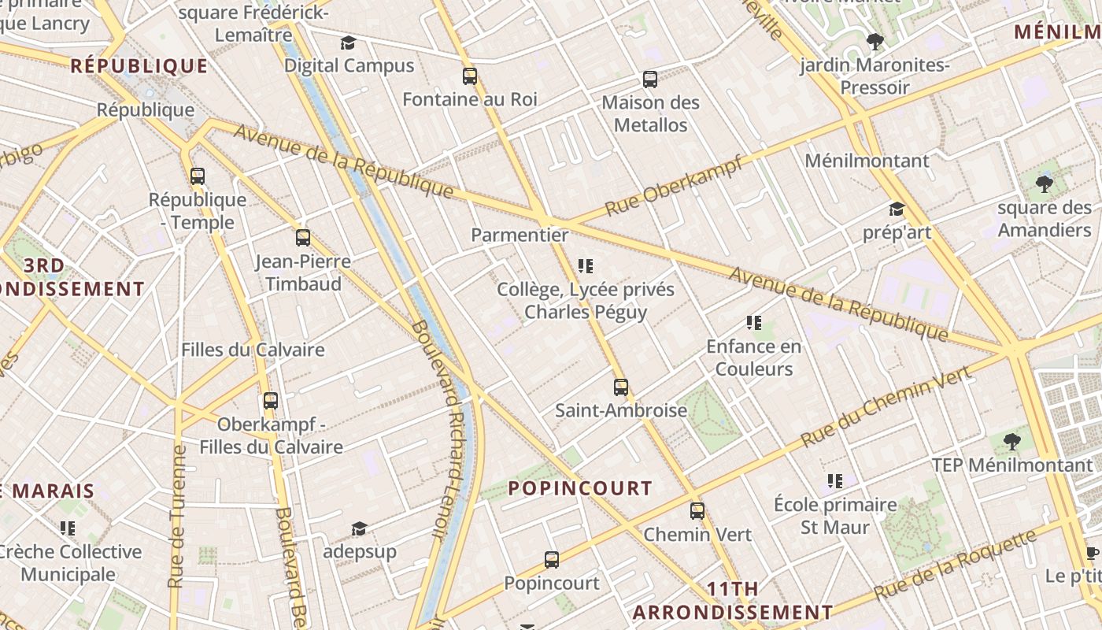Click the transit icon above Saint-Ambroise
(x=621, y=387)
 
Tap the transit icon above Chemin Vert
(x=697, y=510)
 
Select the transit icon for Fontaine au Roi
(x=470, y=76)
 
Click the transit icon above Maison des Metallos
(x=650, y=79)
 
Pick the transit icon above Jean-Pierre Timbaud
(x=303, y=237)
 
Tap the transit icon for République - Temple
(x=198, y=176)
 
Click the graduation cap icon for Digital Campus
(x=349, y=43)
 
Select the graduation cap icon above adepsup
(x=360, y=528)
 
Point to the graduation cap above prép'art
(x=897, y=209)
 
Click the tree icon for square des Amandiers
(x=1045, y=184)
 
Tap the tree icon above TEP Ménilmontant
(x=1013, y=441)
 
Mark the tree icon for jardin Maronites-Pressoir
(x=875, y=41)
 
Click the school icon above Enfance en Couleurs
(x=754, y=322)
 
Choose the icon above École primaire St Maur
(x=835, y=480)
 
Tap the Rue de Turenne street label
(x=178, y=516)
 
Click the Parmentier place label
(x=520, y=235)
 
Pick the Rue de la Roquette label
(x=956, y=565)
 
